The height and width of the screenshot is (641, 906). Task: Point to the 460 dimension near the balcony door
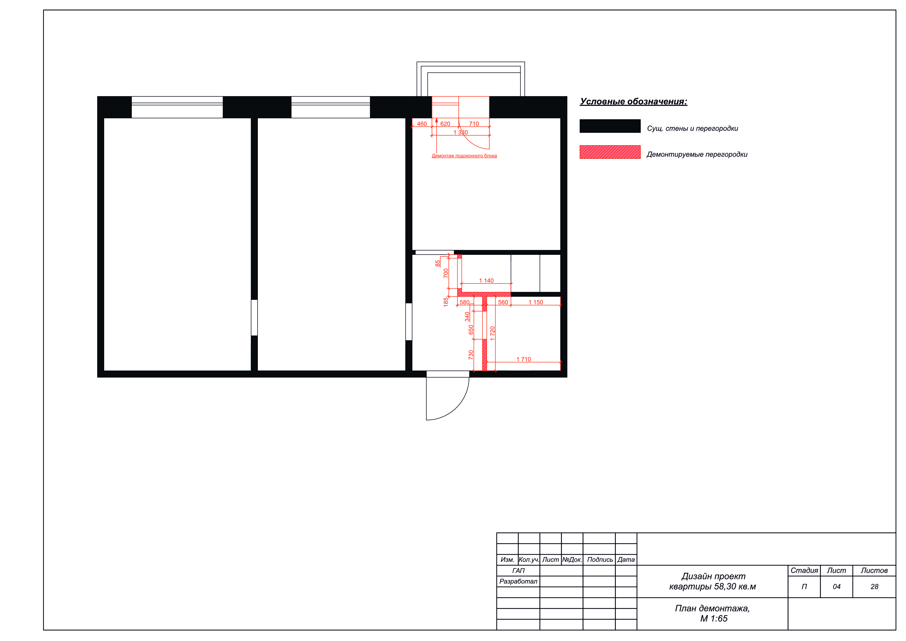tap(422, 124)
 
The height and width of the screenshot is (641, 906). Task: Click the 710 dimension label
tap(474, 124)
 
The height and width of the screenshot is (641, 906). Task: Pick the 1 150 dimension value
tap(536, 303)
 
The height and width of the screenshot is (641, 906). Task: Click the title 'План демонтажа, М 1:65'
tap(713, 613)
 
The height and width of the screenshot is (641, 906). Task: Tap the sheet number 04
tap(837, 587)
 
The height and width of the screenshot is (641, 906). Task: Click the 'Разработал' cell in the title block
tap(518, 581)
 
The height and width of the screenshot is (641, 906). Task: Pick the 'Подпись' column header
tap(600, 560)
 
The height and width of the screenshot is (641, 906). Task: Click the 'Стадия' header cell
tap(804, 571)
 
